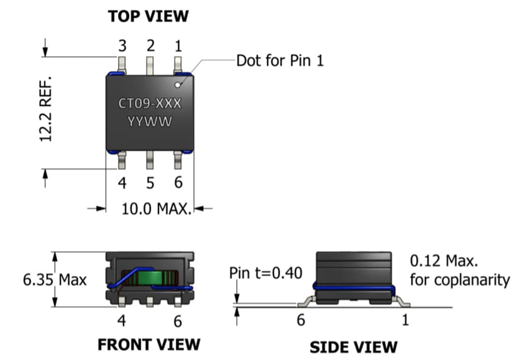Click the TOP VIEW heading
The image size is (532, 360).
148,16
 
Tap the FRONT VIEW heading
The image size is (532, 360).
149,344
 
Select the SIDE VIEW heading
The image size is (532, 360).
353,346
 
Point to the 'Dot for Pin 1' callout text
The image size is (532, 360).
280,60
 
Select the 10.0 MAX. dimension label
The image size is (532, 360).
157,209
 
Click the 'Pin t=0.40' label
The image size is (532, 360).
265,274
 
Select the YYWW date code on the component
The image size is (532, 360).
150,122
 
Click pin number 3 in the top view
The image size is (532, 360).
122,46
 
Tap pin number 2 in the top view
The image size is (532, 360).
150,46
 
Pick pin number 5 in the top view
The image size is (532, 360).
150,183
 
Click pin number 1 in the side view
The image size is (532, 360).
405,320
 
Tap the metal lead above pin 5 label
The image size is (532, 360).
150,160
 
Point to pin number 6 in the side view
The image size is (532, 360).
300,320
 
